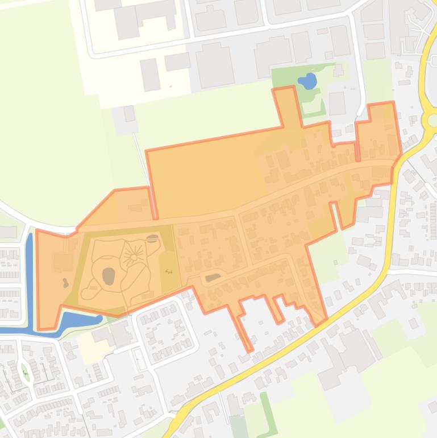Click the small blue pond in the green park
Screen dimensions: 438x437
click(x=307, y=81)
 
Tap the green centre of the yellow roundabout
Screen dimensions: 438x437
click(x=433, y=120)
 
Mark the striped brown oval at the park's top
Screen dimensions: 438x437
click(x=152, y=238)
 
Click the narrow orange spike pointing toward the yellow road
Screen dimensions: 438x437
click(x=244, y=330)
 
